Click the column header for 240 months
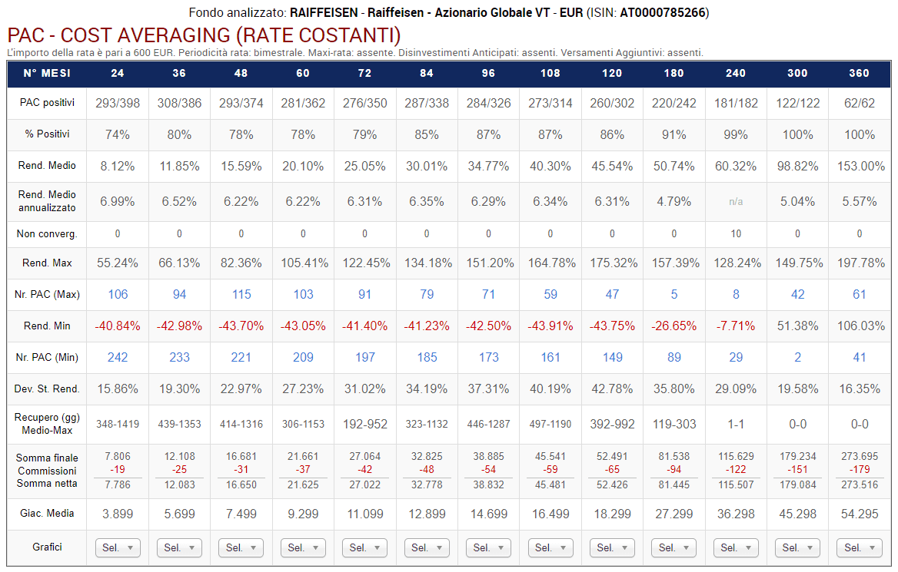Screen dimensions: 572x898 [x=736, y=74]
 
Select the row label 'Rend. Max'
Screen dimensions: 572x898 [x=47, y=263]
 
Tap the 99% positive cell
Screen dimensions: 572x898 [x=736, y=134]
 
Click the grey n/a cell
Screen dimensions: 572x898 [x=736, y=202]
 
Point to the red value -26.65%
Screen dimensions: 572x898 [x=673, y=326]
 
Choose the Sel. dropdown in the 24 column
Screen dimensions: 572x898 [x=118, y=547]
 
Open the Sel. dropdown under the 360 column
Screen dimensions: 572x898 [x=859, y=547]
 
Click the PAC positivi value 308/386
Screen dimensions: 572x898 [x=179, y=103]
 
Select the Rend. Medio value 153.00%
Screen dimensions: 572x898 [x=859, y=166]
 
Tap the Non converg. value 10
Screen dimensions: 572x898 [x=736, y=233]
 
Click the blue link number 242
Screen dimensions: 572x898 [x=118, y=357]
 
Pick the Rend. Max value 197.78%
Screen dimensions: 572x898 [x=859, y=263]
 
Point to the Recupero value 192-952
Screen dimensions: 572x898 [x=364, y=424]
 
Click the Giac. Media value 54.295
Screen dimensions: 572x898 [x=859, y=514]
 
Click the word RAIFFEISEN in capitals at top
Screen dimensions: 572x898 [x=324, y=12]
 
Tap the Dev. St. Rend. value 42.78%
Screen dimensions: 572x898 [x=612, y=388]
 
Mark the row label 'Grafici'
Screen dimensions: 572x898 [x=47, y=547]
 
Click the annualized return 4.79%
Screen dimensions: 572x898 [x=673, y=202]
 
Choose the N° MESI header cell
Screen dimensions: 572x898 [x=47, y=74]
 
